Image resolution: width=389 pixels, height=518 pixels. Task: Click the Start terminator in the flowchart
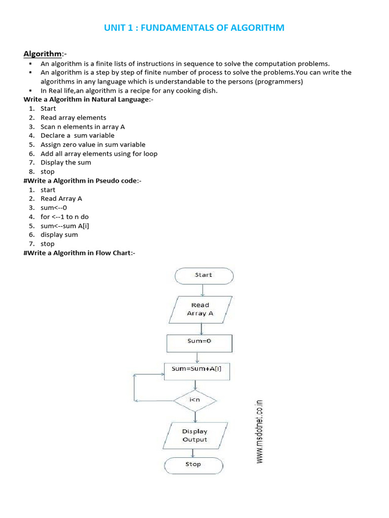point(204,275)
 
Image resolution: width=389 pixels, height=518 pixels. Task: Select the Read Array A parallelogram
point(200,309)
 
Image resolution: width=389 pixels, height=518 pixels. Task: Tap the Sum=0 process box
point(200,341)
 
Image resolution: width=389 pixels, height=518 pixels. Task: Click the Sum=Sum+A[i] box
point(197,369)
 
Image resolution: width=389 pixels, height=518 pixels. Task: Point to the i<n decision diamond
point(195,401)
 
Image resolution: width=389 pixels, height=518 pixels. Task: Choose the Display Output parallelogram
point(195,436)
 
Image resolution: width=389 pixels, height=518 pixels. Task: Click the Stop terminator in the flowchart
point(193,464)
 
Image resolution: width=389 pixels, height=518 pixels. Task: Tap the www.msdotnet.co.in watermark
point(259,429)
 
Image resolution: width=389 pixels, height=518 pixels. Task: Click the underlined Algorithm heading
point(43,54)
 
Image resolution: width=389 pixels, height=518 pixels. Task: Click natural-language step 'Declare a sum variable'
point(77,136)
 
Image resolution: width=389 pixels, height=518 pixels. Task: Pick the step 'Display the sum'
point(66,162)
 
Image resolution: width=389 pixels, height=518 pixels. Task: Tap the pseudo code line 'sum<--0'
point(54,208)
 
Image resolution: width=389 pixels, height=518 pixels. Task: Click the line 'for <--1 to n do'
point(64,217)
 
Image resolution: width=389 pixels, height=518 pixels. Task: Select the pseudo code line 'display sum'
point(59,235)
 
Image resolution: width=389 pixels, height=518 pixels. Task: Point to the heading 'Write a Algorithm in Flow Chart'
point(79,253)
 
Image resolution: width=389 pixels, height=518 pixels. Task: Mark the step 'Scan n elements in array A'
point(83,126)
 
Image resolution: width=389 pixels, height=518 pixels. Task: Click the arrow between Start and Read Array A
point(203,290)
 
